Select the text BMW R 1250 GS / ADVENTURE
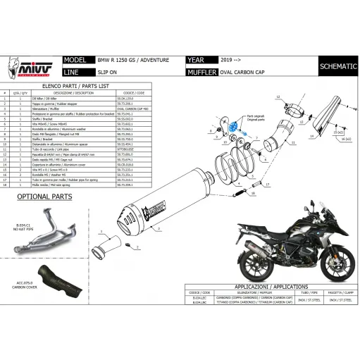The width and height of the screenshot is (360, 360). [131, 61]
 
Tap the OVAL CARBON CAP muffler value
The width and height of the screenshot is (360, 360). [244, 72]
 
